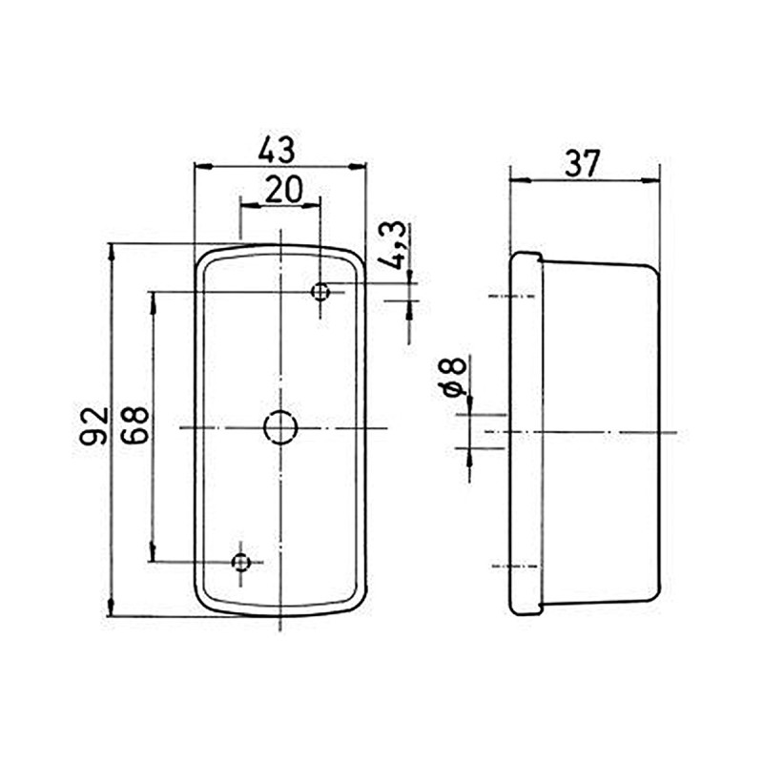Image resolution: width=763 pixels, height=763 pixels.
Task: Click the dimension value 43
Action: click(278, 150)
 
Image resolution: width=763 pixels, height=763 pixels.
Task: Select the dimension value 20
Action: click(283, 190)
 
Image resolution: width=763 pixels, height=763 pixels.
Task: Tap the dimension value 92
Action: click(94, 426)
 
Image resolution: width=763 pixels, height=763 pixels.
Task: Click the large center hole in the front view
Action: click(280, 428)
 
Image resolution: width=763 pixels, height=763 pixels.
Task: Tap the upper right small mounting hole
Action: click(321, 291)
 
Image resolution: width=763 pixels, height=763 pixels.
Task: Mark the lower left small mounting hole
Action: click(241, 562)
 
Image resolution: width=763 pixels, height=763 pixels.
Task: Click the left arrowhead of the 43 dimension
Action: click(200, 166)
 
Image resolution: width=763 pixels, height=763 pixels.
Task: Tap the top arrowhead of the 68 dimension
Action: click(152, 299)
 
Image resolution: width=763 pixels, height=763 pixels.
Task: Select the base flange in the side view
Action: click(526, 433)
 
